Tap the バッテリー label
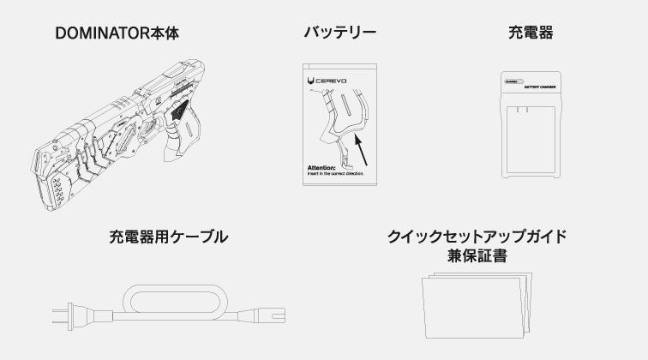[x=339, y=33]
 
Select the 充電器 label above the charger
[x=531, y=33]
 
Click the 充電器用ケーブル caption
[x=169, y=237]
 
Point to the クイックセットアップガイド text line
[x=477, y=236]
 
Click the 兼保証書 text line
[x=477, y=255]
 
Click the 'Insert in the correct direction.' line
[x=335, y=173]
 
